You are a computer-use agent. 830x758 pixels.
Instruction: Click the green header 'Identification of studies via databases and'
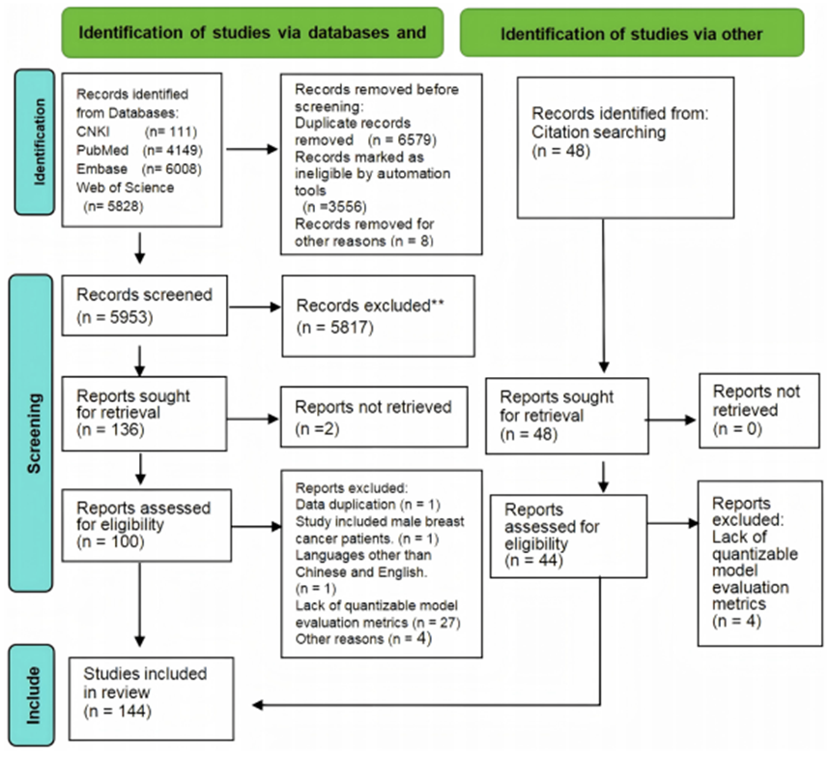click(252, 32)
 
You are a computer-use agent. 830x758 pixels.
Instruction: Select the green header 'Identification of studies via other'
click(632, 34)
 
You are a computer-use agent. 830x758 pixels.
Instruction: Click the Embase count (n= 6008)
click(172, 167)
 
